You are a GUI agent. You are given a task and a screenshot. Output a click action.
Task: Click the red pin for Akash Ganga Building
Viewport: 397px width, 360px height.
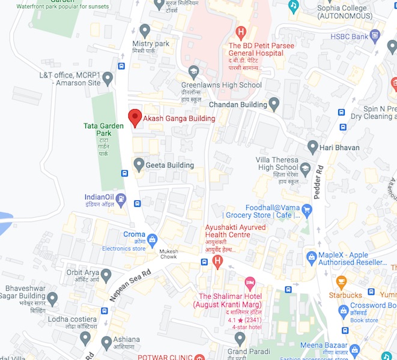pos(135,117)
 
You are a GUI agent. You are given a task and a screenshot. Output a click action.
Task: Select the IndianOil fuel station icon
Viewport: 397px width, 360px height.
pos(121,199)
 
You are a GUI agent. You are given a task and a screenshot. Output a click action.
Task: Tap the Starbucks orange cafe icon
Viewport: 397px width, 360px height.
pos(341,282)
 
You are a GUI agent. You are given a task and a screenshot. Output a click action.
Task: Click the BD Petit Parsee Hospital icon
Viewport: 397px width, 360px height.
pos(241,32)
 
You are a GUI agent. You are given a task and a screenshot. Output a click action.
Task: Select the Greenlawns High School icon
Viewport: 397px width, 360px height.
pos(193,72)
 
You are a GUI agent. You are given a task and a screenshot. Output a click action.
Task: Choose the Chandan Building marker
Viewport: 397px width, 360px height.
pos(274,104)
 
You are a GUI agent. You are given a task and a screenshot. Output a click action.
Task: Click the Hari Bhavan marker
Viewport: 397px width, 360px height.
pos(312,147)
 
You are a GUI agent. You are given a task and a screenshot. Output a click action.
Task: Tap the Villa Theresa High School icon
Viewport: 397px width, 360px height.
pos(305,169)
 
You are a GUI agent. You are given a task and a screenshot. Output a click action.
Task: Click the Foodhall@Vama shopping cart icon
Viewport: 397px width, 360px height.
pos(307,210)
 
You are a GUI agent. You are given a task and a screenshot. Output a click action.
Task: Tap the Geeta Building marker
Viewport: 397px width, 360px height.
pos(139,164)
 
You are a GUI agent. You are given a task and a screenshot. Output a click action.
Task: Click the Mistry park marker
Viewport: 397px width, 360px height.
pos(145,30)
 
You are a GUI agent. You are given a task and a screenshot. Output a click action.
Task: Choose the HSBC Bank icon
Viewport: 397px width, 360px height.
pos(375,37)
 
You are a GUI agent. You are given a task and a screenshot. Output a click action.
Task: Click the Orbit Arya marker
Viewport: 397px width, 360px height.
pos(106,276)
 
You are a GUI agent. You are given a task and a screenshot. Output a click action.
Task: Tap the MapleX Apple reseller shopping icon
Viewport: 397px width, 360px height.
pos(311,258)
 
